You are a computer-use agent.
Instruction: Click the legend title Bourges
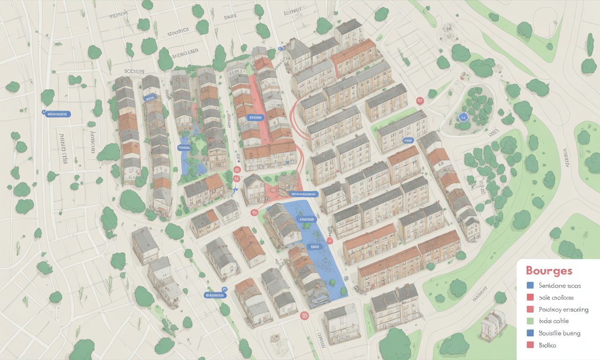[x=549, y=271]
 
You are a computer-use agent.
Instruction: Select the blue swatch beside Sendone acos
[x=530, y=285]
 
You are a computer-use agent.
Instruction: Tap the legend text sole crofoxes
[x=556, y=297]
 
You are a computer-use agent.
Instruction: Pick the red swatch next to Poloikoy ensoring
[x=530, y=309]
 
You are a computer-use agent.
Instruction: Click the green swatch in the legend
[x=530, y=321]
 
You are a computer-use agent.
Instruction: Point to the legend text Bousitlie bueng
[x=559, y=333]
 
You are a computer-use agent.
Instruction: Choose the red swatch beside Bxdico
[x=530, y=345]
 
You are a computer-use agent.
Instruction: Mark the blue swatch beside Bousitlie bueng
[x=530, y=333]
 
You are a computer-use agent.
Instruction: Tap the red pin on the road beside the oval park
[x=420, y=100]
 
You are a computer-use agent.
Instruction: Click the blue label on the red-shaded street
[x=255, y=117]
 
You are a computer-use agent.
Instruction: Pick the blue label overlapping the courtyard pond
[x=182, y=148]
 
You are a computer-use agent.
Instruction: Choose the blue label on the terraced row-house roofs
[x=150, y=97]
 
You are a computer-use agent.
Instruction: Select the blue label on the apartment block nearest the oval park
[x=408, y=140]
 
